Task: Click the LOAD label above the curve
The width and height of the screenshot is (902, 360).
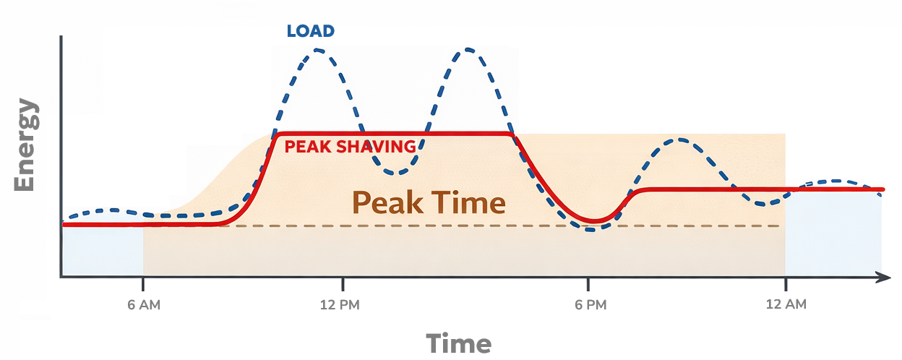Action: point(310,31)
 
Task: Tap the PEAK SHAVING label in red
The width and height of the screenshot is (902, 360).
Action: point(350,147)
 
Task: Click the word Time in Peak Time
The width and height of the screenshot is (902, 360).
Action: point(469,202)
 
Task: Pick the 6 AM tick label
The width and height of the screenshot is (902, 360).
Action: point(143,304)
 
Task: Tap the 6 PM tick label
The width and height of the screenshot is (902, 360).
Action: point(589,304)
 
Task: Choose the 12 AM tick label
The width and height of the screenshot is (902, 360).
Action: point(785,304)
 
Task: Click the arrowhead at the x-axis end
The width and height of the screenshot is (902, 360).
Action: point(882,277)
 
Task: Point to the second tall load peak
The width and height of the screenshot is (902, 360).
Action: point(469,50)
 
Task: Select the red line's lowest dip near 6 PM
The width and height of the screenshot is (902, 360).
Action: point(594,220)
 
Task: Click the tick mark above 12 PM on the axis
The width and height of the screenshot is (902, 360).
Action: point(344,283)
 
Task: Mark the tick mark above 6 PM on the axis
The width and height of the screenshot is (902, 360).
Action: point(589,283)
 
